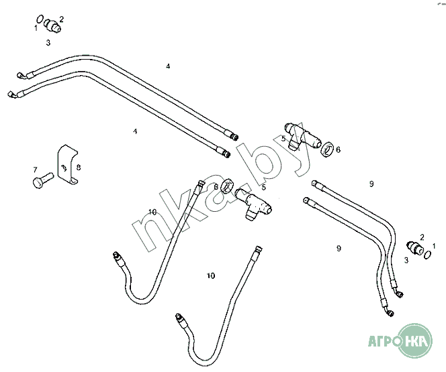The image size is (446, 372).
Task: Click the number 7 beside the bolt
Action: click(35, 170)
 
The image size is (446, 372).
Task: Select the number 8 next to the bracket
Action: click(79, 167)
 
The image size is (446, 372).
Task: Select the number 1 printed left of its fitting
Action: click(36, 28)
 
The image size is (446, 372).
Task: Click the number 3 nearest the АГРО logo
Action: click(406, 259)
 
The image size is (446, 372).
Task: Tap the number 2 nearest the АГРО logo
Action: click(422, 237)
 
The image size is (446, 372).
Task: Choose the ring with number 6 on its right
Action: click(328, 149)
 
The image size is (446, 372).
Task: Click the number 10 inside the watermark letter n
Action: click(152, 212)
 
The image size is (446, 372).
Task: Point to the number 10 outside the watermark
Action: click(211, 275)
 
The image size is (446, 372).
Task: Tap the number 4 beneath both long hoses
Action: click(135, 131)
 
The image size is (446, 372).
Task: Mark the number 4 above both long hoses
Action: click(168, 66)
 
